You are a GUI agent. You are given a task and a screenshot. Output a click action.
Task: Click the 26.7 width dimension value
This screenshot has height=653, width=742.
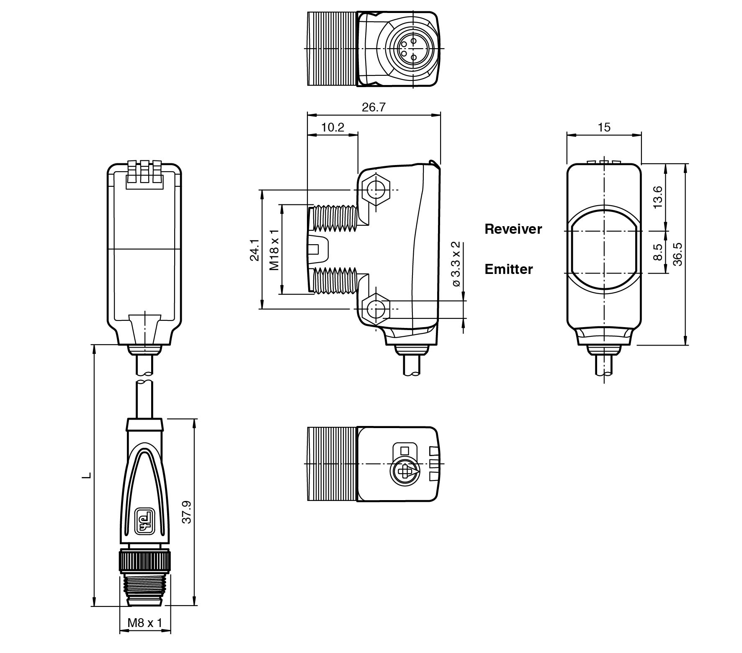pyautogui.click(x=373, y=107)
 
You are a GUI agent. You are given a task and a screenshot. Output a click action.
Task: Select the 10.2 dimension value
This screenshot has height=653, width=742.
pyautogui.click(x=333, y=127)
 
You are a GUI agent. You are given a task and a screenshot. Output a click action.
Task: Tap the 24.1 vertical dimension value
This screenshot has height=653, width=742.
pyautogui.click(x=255, y=250)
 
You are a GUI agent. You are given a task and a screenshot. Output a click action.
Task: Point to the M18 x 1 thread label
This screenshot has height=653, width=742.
pyautogui.click(x=274, y=250)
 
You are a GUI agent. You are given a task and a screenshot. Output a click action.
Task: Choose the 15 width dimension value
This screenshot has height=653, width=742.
pyautogui.click(x=604, y=127)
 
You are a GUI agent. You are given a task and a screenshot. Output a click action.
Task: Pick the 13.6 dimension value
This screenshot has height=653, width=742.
pyautogui.click(x=658, y=197)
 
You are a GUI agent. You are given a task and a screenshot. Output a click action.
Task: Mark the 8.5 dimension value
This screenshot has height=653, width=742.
pyautogui.click(x=658, y=252)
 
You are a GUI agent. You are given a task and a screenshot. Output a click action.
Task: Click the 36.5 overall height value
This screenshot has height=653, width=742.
pyautogui.click(x=678, y=254)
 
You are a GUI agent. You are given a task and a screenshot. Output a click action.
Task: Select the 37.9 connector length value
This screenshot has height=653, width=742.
pyautogui.click(x=187, y=512)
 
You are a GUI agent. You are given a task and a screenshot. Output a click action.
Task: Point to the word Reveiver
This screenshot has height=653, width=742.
pyautogui.click(x=513, y=229)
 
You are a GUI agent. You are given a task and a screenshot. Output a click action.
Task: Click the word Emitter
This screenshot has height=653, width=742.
pyautogui.click(x=508, y=269)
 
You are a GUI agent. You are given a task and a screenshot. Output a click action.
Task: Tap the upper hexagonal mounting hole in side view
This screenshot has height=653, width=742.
pyautogui.click(x=376, y=190)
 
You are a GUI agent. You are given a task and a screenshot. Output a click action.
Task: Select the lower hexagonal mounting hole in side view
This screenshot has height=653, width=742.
pyautogui.click(x=376, y=310)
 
